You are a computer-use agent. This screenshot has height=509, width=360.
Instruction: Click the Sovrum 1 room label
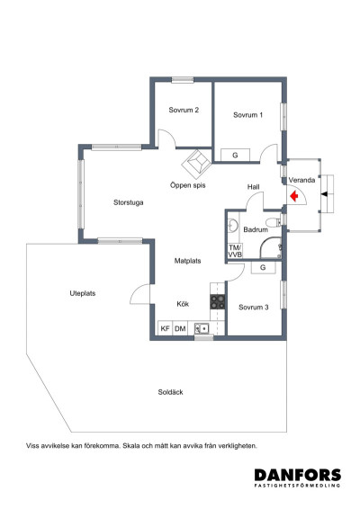click(247, 115)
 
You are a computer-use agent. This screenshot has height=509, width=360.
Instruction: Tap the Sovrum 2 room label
click(184, 111)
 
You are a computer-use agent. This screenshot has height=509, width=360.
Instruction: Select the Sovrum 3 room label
click(254, 308)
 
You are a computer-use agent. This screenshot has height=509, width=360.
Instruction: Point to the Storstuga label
click(129, 202)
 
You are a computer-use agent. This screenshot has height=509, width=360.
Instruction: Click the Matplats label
click(187, 261)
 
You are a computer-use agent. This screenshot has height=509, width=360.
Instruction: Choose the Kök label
click(183, 303)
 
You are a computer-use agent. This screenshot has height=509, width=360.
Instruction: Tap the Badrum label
click(256, 230)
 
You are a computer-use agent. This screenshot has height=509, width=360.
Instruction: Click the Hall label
click(253, 187)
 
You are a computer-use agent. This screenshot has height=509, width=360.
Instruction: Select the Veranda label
click(301, 180)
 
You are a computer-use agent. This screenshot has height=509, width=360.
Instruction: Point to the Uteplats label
click(83, 293)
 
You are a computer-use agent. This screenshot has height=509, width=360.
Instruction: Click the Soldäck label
click(171, 391)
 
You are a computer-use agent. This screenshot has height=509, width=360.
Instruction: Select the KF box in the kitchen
click(165, 329)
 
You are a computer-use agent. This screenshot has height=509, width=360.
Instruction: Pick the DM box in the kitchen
click(180, 329)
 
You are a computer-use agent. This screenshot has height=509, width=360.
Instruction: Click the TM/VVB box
click(235, 251)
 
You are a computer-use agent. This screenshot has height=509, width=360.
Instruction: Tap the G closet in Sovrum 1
click(235, 155)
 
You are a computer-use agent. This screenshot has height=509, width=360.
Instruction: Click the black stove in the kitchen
click(217, 302)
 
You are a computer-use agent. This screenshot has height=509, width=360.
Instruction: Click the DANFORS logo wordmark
click(297, 475)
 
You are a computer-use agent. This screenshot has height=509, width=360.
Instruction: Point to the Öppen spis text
click(188, 184)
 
